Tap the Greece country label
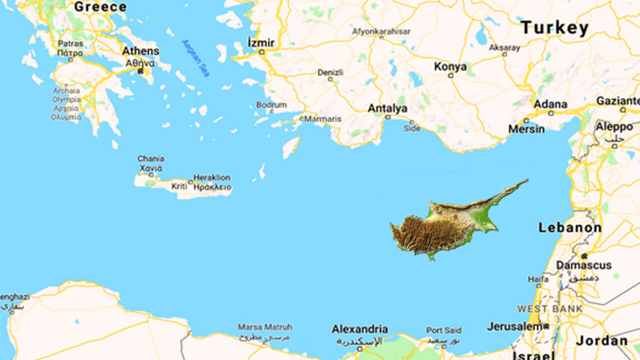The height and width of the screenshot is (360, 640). [x=100, y=7]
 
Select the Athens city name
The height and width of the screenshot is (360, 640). [x=141, y=51]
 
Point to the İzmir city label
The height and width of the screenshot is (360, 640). [x=261, y=43]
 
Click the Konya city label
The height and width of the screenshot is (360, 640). [x=450, y=66]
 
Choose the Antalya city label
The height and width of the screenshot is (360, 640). [x=387, y=108]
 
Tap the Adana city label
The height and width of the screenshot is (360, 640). [x=550, y=104]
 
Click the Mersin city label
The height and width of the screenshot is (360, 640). [x=526, y=129]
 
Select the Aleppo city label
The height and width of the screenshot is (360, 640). [x=614, y=126]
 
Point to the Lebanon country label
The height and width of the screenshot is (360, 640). [x=570, y=228]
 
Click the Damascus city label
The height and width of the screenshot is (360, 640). [x=584, y=265]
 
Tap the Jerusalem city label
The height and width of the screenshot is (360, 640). [x=515, y=326]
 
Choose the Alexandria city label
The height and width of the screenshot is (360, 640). [x=359, y=329]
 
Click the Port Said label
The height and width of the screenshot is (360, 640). [x=443, y=330]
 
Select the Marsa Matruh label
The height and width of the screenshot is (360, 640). [x=264, y=327]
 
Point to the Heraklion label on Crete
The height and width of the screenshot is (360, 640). [x=212, y=177]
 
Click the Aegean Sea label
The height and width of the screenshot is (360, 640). [x=196, y=58]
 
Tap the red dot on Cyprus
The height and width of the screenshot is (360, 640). [x=455, y=217]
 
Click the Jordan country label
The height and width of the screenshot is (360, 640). [x=602, y=341]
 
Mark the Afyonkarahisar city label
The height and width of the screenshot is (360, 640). [x=381, y=31]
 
